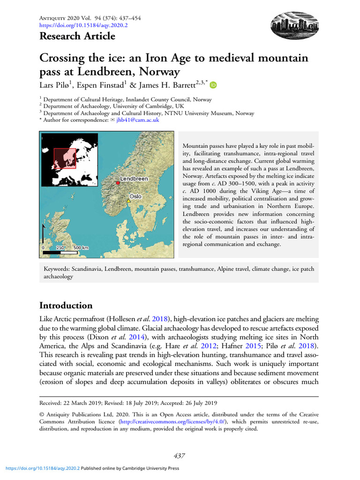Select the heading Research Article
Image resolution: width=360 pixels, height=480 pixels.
(77, 36)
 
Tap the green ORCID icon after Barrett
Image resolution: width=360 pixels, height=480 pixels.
(213, 85)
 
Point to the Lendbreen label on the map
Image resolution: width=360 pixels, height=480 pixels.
(134, 179)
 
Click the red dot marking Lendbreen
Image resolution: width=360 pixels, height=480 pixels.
(117, 183)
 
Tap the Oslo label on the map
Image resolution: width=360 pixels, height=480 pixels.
(135, 196)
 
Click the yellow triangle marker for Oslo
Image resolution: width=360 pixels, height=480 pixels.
(128, 201)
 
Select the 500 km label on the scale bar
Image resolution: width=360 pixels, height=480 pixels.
(81, 247)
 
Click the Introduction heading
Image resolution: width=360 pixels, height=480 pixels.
(66, 306)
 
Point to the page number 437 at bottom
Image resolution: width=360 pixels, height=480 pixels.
(179, 456)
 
